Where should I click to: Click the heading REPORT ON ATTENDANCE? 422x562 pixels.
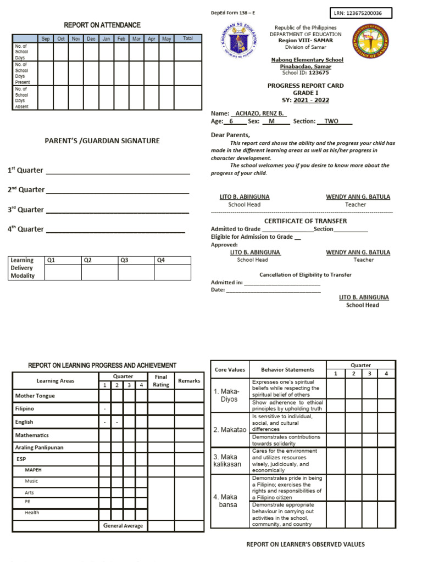[102, 25]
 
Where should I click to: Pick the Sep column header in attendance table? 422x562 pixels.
[46, 39]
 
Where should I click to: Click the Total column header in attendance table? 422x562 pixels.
[188, 39]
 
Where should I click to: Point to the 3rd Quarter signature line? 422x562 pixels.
[117, 210]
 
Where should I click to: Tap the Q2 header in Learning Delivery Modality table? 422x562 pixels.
[88, 260]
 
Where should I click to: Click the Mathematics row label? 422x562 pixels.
[32, 435]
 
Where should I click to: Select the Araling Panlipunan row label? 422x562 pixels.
[39, 448]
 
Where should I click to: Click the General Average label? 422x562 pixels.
[123, 526]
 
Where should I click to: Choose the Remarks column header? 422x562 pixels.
[189, 381]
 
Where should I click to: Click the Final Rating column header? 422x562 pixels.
[161, 381]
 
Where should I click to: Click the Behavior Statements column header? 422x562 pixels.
[287, 370]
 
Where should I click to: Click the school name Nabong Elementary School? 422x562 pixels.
[307, 60]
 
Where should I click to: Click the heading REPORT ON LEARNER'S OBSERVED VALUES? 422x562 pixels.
[305, 544]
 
